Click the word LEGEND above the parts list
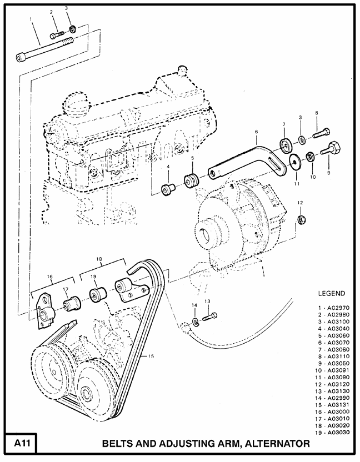pos(331,293)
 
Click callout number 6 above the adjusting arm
pos(256,132)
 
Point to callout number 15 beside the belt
pos(151,357)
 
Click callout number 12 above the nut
pos(299,203)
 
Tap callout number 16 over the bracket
pos(49,276)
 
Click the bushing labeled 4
pos(167,189)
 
